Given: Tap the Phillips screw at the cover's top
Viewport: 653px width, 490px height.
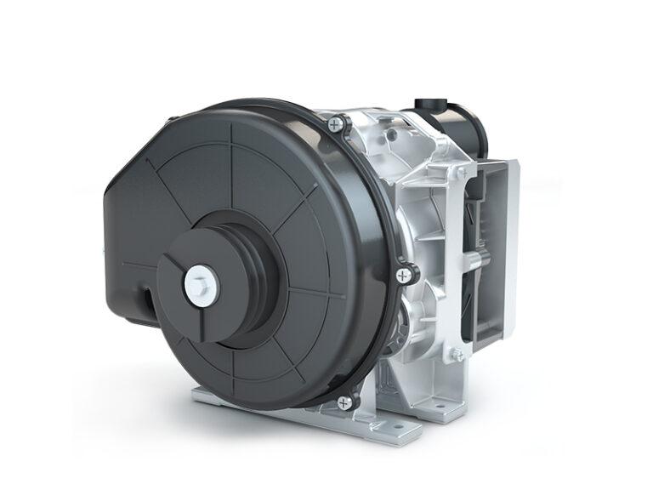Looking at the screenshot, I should (x=338, y=125).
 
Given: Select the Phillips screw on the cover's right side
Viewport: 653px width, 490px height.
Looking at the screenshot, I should (x=404, y=274).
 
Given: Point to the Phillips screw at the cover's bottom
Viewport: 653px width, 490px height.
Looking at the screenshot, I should (x=344, y=402).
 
